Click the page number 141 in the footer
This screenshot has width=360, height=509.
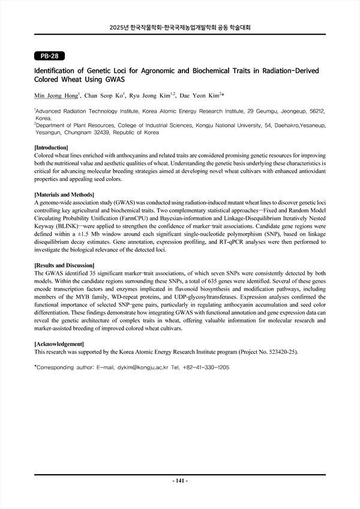pos(180,481)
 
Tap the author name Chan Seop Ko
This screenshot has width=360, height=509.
pos(104,95)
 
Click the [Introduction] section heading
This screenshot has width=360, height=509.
pos(51,147)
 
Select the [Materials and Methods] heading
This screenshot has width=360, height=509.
pos(65,195)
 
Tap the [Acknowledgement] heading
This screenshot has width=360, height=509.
pos(59,344)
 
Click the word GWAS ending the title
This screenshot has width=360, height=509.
pos(115,79)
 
